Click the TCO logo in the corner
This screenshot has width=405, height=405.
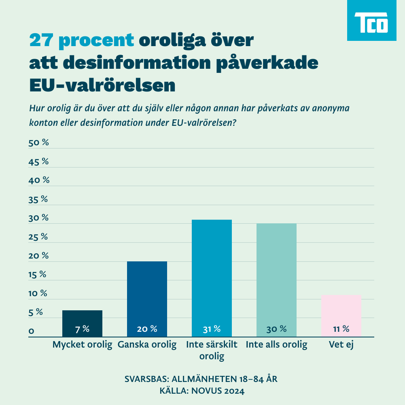pos(371,20)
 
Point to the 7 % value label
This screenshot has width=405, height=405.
pos(82,329)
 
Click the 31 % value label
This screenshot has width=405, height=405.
pos(212,329)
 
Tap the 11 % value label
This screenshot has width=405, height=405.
pos(341,329)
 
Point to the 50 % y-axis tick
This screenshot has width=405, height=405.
pos(38,143)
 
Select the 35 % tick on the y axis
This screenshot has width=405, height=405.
pos(38,199)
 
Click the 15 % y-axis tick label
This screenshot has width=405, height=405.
pos(37,275)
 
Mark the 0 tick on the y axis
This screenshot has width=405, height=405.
pos(31,331)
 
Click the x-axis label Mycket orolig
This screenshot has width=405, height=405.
pos(82,345)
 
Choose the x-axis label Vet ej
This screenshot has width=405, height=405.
pos(341,345)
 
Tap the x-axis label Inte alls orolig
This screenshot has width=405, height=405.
pos(277,345)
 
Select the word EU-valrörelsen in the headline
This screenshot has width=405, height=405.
pos(102,85)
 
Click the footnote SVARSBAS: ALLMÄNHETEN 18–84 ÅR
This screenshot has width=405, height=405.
pos(201,380)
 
